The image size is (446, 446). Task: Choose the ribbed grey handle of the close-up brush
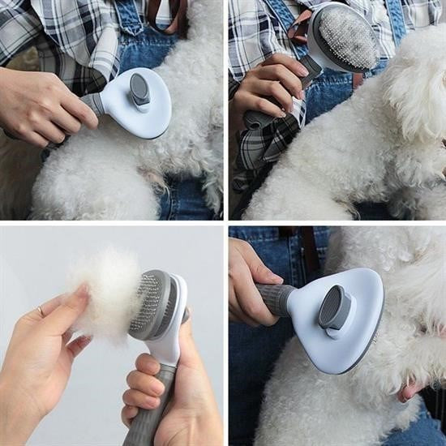tap(276, 298)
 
